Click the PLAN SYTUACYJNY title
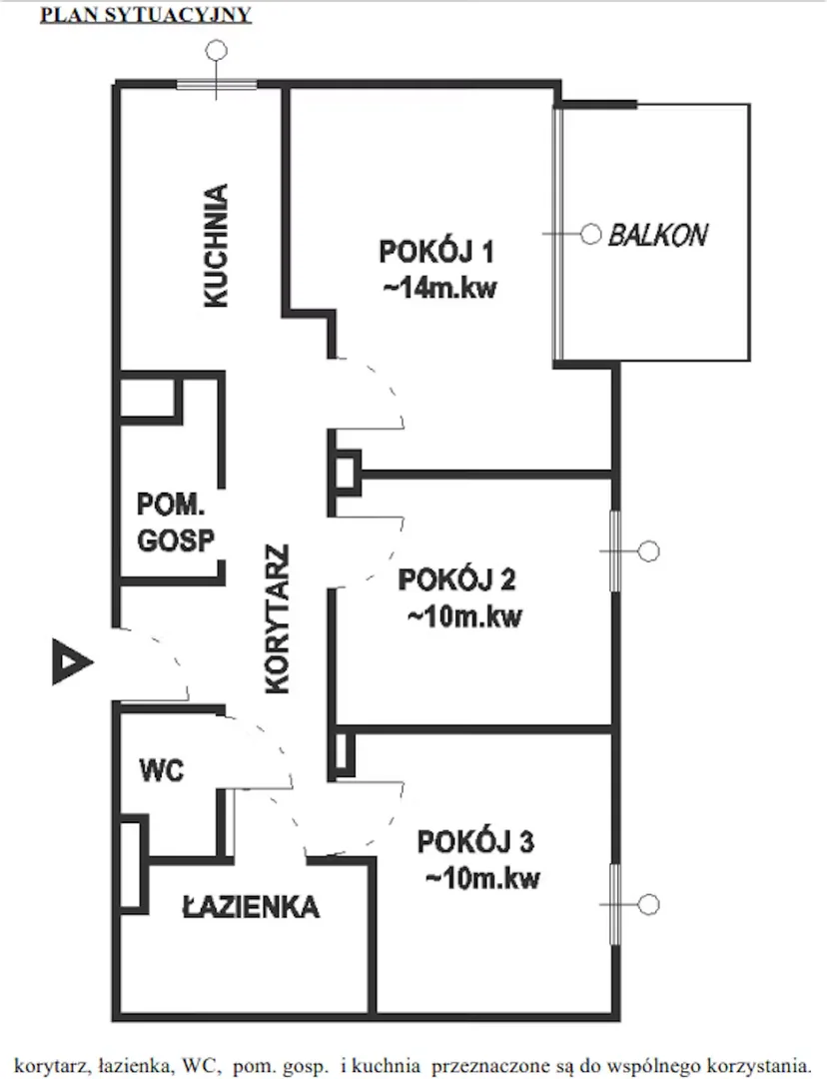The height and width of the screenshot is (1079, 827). tap(146, 14)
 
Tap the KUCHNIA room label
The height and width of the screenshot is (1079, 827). tap(216, 245)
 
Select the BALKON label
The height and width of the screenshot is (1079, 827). tap(658, 236)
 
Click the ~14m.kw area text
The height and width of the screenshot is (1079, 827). tap(439, 288)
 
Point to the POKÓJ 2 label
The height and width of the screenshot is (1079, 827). tap(456, 579)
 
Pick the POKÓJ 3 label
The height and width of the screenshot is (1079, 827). tap(475, 842)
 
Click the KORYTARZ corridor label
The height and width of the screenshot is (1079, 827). tap(277, 619)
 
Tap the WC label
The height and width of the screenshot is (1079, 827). tap(162, 770)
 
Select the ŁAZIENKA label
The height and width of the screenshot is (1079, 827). tap(251, 906)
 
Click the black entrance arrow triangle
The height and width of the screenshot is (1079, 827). tap(72, 661)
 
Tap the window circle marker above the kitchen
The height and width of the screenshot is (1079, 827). tap(218, 50)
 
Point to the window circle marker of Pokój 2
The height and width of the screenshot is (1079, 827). tap(649, 551)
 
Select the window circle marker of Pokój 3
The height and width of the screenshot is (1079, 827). tap(649, 904)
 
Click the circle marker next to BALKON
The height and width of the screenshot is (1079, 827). tap(591, 235)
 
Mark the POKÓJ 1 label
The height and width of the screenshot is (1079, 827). tap(436, 252)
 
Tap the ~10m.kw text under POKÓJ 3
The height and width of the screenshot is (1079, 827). tap(483, 878)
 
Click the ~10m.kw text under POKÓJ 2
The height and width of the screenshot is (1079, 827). tap(465, 615)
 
